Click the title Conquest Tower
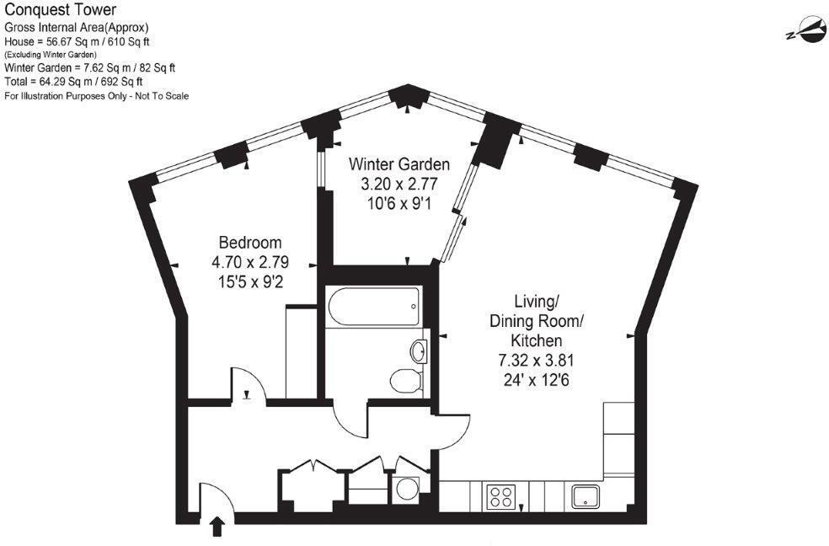[51, 12]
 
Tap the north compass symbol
[801, 31]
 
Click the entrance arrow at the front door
[217, 527]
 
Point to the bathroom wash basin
[418, 349]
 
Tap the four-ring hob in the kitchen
[500, 495]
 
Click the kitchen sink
[586, 495]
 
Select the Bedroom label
[250, 241]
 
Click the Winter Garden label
[399, 164]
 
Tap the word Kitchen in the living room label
[537, 340]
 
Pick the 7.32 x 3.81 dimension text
[537, 360]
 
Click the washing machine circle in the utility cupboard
[405, 489]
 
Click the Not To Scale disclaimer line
[97, 96]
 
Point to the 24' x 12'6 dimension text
[537, 379]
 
